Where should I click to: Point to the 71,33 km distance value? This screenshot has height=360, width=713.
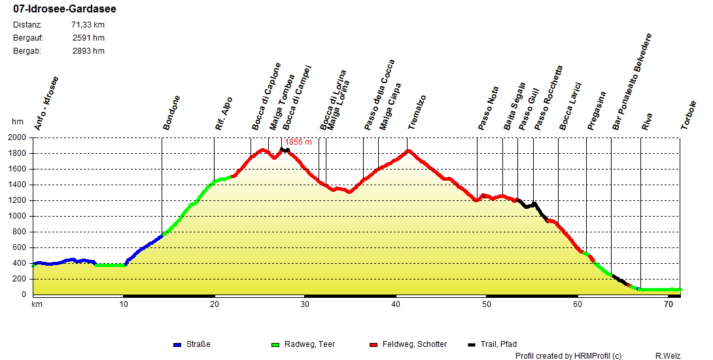(88, 25)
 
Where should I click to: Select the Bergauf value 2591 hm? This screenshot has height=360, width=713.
(88, 38)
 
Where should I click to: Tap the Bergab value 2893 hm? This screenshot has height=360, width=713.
(88, 51)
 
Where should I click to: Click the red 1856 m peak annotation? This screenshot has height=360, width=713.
(298, 142)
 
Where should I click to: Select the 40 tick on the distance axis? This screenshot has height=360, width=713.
(395, 304)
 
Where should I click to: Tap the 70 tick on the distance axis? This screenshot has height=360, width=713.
(668, 304)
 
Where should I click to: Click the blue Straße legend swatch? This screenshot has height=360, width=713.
(177, 344)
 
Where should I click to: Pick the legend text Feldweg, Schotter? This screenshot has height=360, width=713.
(415, 344)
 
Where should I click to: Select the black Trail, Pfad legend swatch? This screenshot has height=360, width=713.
(472, 344)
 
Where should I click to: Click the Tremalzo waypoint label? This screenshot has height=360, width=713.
(417, 112)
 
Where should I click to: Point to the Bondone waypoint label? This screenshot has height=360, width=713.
(171, 113)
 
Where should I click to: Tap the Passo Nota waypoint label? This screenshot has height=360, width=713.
(488, 109)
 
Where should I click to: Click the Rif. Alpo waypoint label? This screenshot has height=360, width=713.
(224, 114)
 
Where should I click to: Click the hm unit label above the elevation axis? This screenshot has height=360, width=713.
(18, 122)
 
